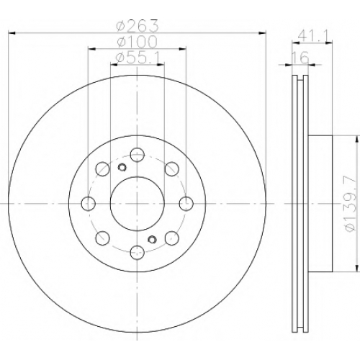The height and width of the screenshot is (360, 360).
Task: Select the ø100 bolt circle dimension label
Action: coord(137,42)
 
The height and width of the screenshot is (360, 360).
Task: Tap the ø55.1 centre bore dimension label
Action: coord(138,58)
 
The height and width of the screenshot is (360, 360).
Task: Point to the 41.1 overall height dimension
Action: coord(312,36)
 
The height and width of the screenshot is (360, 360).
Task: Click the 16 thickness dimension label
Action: coord(300,58)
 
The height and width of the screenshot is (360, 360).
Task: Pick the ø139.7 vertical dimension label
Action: coord(350,203)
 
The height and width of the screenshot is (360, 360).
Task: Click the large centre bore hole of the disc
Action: coord(137,204)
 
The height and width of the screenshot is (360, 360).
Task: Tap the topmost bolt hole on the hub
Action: coord(137,155)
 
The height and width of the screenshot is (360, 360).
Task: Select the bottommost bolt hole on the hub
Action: coord(138,253)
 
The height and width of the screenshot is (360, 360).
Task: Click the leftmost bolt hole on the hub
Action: coord(89,204)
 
